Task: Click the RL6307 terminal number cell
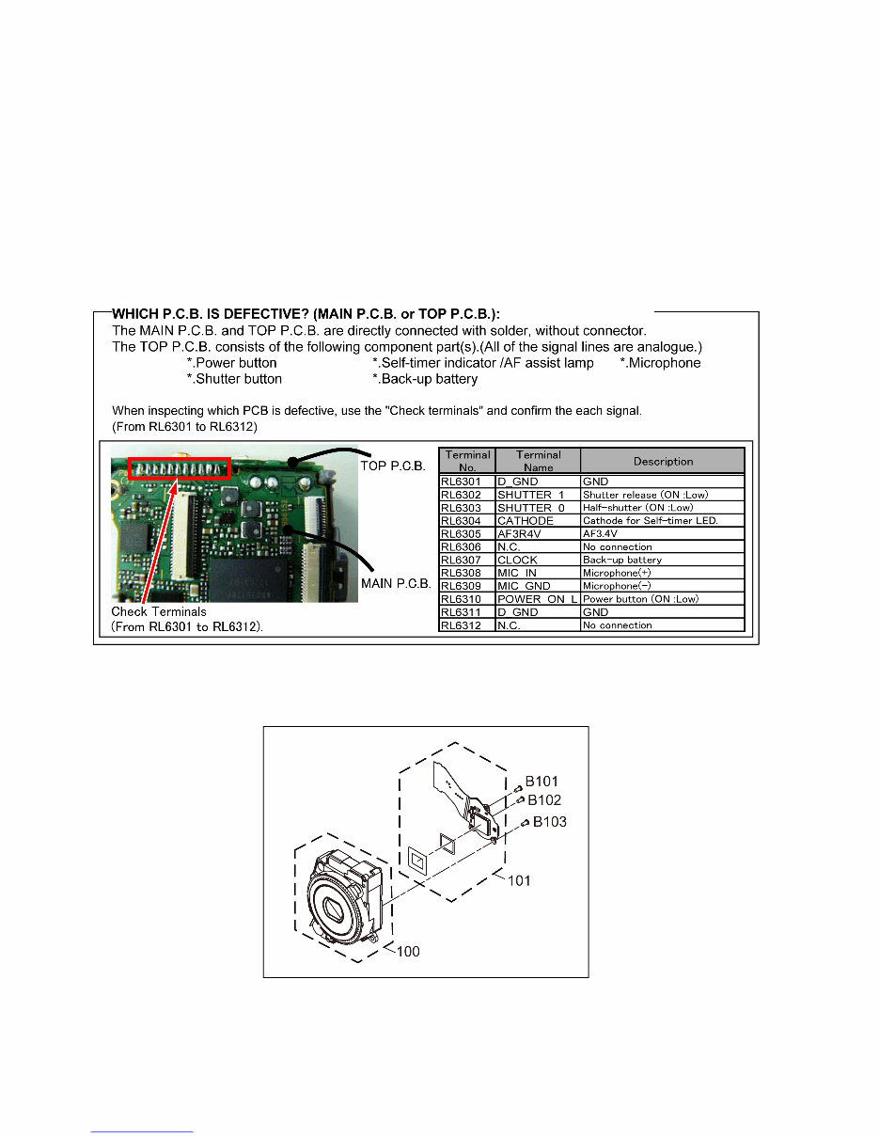[467, 560]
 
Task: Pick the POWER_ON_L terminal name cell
[537, 599]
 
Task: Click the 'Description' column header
[662, 461]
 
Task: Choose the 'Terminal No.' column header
[467, 461]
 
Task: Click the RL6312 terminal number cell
[467, 625]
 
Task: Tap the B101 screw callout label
[542, 781]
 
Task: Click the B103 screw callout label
[551, 821]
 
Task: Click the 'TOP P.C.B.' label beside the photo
[393, 466]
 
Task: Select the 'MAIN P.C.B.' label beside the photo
[396, 584]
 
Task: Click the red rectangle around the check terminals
[179, 468]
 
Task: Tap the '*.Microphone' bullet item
[660, 363]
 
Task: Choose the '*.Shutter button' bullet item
[234, 379]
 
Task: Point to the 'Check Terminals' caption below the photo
[159, 612]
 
